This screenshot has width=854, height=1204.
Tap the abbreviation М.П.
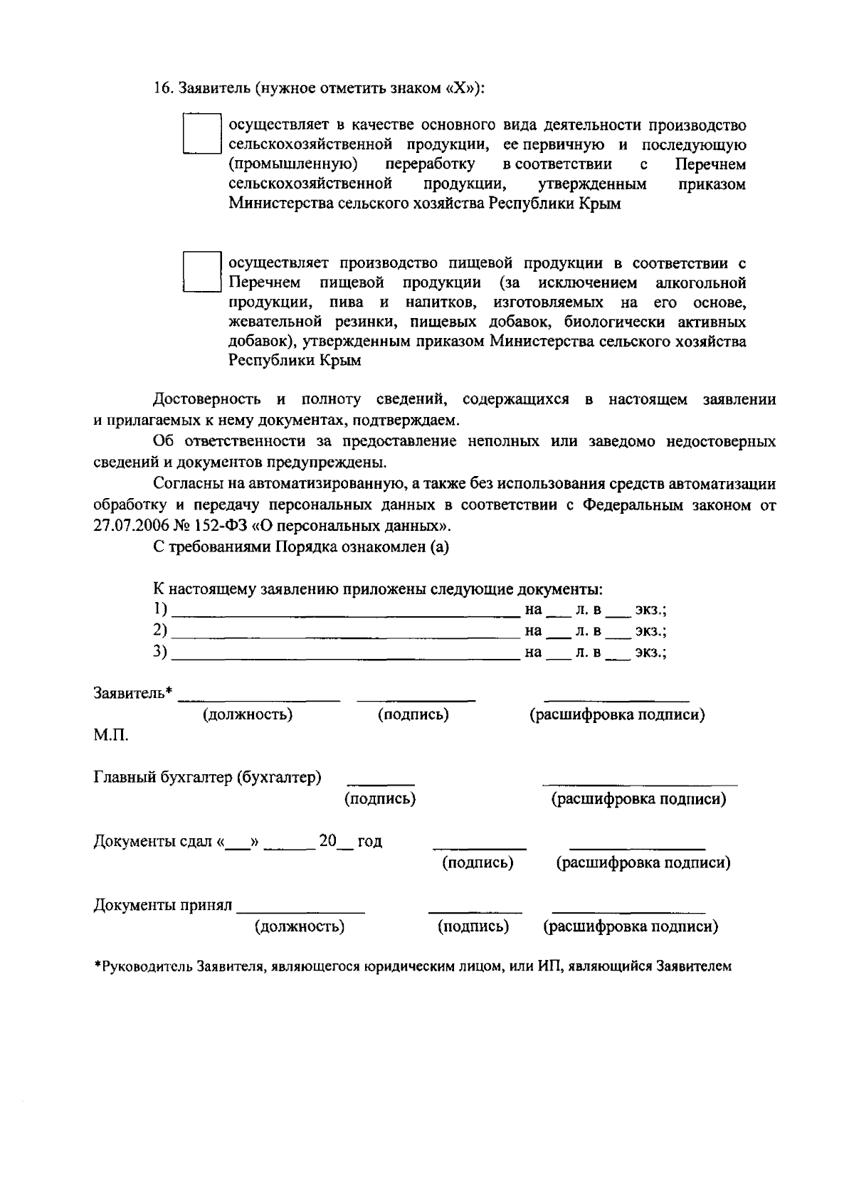(111, 734)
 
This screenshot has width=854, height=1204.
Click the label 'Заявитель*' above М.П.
(133, 692)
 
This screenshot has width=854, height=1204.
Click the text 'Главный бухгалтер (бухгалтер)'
(207, 777)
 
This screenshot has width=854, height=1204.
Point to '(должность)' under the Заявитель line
(248, 714)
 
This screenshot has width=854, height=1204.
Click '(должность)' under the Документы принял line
(300, 926)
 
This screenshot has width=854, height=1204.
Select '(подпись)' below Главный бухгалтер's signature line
(380, 798)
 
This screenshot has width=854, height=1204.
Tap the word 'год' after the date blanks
(369, 842)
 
